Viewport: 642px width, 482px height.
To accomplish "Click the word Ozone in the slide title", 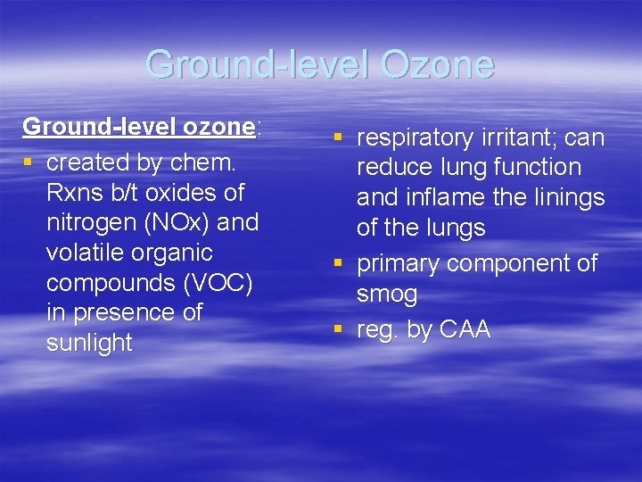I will click(x=436, y=65).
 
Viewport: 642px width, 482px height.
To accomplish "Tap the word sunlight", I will click(x=89, y=343).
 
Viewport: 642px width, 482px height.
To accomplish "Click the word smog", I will click(x=387, y=294).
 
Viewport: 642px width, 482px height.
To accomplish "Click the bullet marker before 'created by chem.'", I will click(x=29, y=163).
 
